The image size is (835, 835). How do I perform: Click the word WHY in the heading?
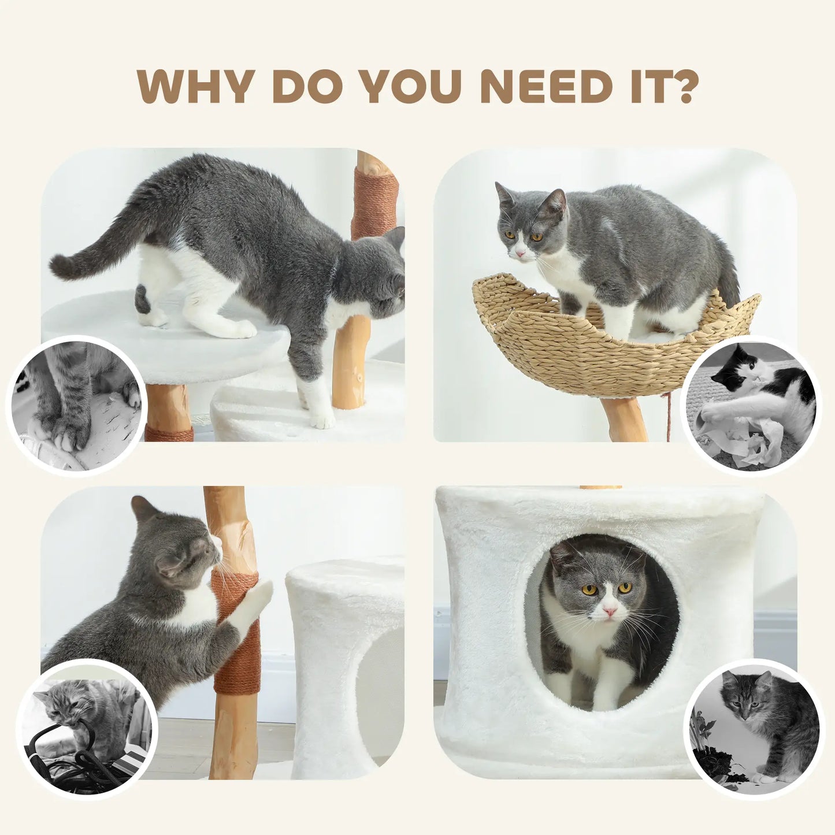(195, 87)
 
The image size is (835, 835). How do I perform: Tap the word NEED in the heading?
(545, 87)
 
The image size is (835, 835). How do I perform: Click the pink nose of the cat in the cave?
(610, 610)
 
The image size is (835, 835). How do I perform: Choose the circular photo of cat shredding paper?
(751, 404)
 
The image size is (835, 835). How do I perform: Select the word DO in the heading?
(307, 87)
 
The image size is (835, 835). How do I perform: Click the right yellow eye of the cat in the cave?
(625, 588)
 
